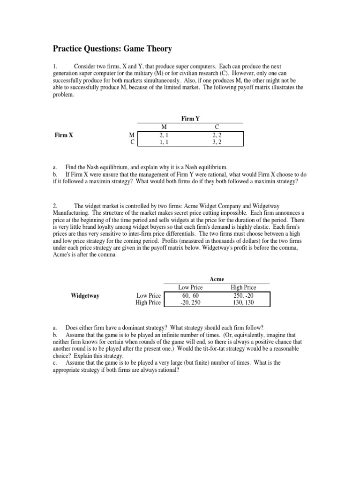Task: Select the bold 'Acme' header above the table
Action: [x=217, y=279]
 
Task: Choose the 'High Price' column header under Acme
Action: [x=243, y=287]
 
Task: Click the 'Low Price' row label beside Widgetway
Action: [x=148, y=296]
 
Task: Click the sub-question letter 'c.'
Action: [x=55, y=362]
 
